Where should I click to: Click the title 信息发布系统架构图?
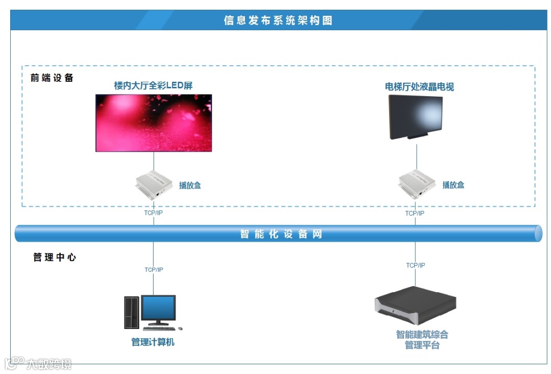coord(278,20)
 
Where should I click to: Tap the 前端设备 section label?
coord(52,78)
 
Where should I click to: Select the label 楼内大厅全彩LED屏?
coord(153,85)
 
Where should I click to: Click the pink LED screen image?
coord(154,123)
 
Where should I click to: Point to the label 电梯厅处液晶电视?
coord(419,87)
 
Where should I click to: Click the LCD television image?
coord(415,118)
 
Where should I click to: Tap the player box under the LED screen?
coord(155,184)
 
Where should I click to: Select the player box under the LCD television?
coord(417,184)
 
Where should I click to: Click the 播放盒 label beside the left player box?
coord(190,185)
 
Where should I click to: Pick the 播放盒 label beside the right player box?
coord(453,185)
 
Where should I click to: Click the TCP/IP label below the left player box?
coord(154,213)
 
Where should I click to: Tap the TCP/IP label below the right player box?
coord(415,213)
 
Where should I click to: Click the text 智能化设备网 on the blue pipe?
coord(281,235)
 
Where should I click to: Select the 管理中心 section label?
coord(55,258)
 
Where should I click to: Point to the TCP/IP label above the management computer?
coord(154,270)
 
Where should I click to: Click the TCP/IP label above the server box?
coord(415,265)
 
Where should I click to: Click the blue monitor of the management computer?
coord(159,309)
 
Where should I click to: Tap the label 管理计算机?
coord(153,342)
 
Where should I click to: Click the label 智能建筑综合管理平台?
coord(422,340)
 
